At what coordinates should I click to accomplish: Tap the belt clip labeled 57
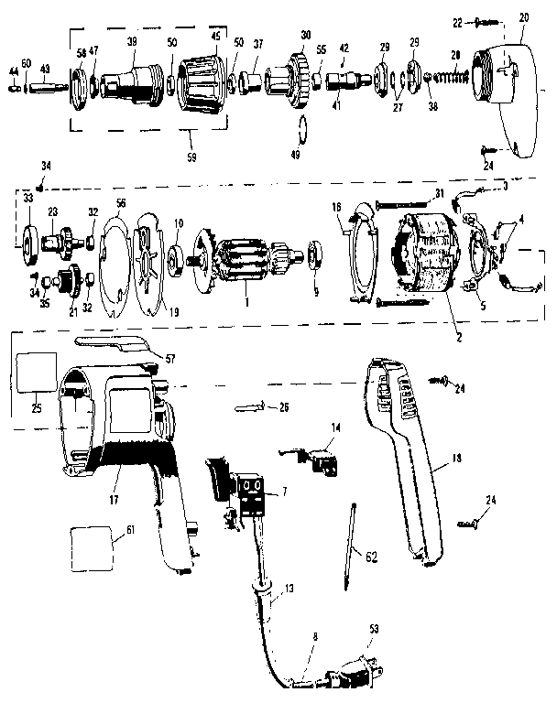110,342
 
